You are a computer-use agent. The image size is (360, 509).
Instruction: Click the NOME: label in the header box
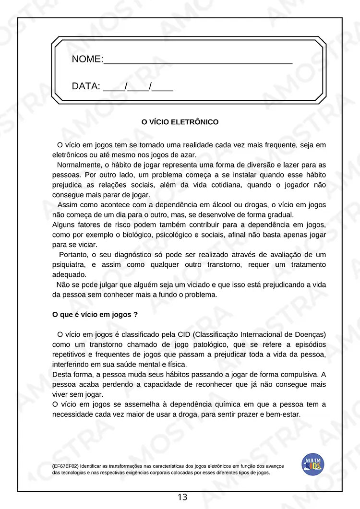click(87, 59)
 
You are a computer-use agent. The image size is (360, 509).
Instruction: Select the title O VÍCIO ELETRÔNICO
click(180, 122)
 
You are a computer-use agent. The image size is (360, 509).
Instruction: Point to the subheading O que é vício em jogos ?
click(95, 315)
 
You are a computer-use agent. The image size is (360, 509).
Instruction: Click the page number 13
click(182, 497)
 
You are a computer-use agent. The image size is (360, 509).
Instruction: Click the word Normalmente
click(78, 165)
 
